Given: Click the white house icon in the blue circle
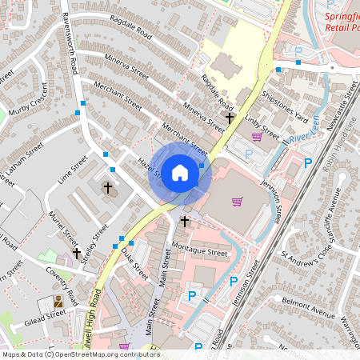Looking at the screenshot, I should point(180,172).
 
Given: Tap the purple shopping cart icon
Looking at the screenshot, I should point(237,201).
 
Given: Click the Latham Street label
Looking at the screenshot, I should point(23,160).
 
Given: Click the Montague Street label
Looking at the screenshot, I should point(200,251).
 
